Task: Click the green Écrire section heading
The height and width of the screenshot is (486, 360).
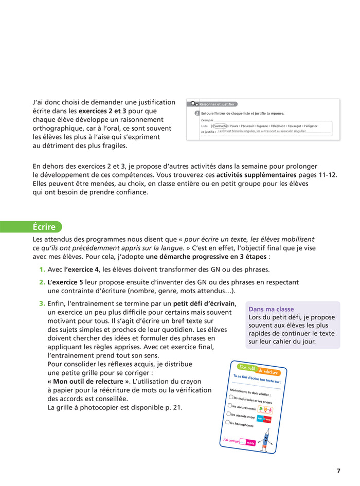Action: (45, 227)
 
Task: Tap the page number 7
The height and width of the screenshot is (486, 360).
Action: (338, 471)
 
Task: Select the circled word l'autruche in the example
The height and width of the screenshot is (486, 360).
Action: (221, 125)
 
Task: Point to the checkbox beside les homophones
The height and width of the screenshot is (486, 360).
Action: (228, 422)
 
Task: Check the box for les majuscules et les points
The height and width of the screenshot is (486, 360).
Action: (231, 397)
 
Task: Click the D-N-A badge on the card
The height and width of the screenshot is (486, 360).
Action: (265, 410)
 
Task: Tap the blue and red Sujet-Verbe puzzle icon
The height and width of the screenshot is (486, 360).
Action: (264, 419)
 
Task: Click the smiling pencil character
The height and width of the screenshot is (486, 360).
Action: (266, 440)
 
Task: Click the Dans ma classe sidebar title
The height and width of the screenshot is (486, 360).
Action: (271, 309)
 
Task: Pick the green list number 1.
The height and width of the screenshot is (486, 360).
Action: (42, 269)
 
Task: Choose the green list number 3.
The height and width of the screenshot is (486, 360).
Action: (42, 303)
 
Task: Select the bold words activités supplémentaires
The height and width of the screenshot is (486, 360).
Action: (256, 175)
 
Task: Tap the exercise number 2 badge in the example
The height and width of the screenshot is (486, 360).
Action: (197, 113)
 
